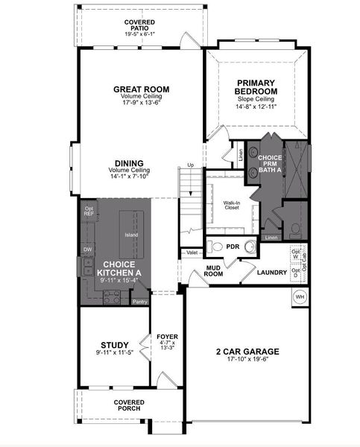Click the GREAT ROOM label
141,89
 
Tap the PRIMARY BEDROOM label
257,87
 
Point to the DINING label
129,164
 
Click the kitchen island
131,235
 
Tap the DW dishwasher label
87,250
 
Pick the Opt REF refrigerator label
89,212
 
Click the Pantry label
139,302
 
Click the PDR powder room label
232,247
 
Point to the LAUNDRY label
272,273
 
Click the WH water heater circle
300,297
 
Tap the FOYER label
167,336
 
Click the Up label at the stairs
190,165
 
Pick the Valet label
192,253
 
